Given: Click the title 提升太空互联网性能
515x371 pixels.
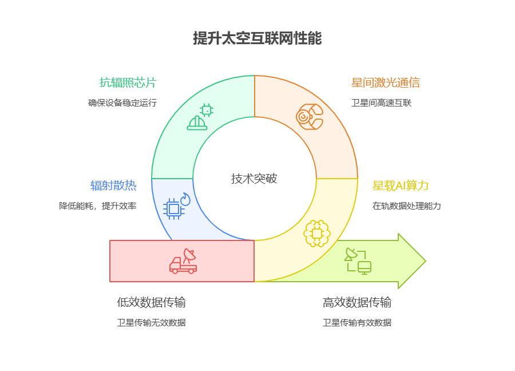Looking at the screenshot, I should (257, 39).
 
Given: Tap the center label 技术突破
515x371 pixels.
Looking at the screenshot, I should (254, 179).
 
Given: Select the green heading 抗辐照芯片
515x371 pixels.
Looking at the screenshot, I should (128, 82).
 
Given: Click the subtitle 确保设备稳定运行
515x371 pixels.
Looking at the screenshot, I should (122, 103).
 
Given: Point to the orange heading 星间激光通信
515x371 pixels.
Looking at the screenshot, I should (385, 82).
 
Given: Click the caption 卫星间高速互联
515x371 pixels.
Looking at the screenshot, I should (381, 103).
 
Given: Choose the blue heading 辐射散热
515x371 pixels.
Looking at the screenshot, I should (113, 185).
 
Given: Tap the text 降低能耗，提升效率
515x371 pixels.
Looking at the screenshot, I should (97, 206).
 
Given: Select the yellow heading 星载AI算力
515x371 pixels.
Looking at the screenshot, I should (401, 185).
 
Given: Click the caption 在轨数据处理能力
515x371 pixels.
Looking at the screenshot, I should (406, 206).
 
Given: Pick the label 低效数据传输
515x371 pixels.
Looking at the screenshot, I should (151, 302).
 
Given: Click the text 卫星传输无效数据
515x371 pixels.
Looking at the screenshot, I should (151, 323).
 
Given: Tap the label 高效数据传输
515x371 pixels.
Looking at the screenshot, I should (357, 302).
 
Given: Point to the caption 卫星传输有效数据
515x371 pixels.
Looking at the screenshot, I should (357, 323).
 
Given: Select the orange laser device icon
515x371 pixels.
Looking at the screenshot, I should (310, 117).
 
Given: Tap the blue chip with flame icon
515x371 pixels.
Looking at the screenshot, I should (176, 207).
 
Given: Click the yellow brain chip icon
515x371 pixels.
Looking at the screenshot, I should (316, 233).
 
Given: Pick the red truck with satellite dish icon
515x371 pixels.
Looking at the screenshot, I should (184, 261).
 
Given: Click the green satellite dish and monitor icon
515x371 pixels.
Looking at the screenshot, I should (358, 261).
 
